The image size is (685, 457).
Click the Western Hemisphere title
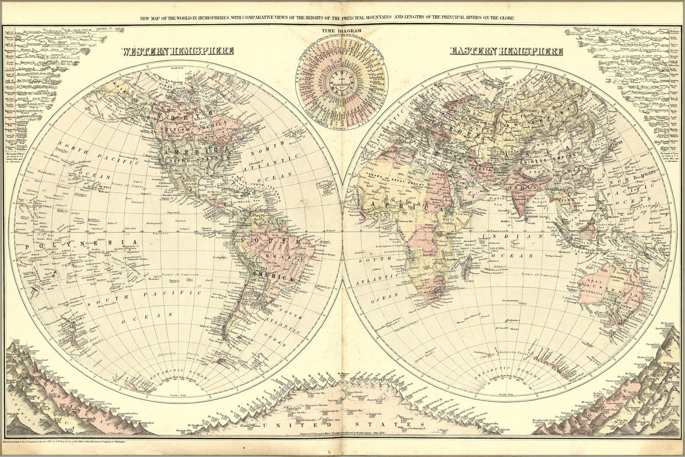[x=178, y=51]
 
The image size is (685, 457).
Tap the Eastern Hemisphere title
[x=506, y=51]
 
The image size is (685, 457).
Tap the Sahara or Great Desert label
[x=381, y=180]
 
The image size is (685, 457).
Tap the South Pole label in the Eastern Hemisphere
[x=503, y=394]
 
